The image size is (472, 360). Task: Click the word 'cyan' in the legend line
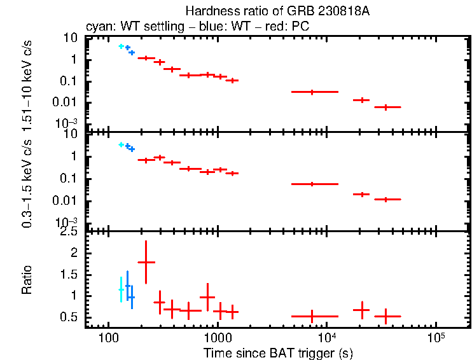(x=97, y=27)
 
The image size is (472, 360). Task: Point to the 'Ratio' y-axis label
(x=27, y=280)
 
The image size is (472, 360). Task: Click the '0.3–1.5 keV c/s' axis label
(x=27, y=181)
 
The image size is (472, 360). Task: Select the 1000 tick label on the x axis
(x=218, y=335)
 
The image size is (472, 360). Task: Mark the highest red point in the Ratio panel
(x=146, y=262)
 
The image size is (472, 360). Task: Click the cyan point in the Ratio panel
(x=121, y=289)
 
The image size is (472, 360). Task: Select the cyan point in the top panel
(x=121, y=46)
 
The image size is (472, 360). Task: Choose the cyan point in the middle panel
(x=121, y=145)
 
